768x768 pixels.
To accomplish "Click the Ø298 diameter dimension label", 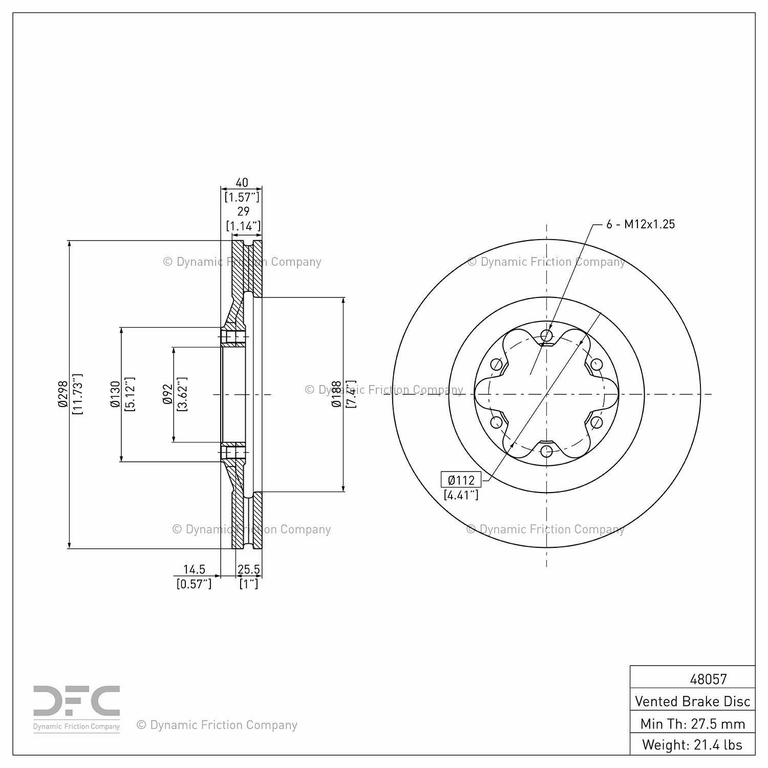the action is click(63, 394).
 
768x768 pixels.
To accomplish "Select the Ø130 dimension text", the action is click(115, 394).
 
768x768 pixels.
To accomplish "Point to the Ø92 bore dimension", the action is click(167, 394).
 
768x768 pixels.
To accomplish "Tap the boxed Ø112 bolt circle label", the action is click(461, 480).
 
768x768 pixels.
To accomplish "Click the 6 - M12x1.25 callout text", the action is click(641, 224).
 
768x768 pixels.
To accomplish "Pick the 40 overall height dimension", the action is click(242, 182).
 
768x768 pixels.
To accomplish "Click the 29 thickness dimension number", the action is click(243, 211).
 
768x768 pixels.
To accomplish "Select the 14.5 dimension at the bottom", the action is click(194, 569).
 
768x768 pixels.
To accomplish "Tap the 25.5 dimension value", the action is click(249, 569).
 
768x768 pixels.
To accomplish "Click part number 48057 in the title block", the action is click(708, 679).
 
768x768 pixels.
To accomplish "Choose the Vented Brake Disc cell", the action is click(692, 701).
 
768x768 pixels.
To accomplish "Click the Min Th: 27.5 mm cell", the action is click(692, 723).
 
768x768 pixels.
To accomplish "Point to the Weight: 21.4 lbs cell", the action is click(692, 744).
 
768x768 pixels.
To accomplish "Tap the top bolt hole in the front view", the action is click(547, 336).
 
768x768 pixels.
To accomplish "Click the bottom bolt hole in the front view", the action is click(547, 452).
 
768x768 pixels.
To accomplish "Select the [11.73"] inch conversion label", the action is click(78, 394).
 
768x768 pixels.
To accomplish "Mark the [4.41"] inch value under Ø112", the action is click(461, 495).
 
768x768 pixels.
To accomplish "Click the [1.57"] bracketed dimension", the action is click(242, 197).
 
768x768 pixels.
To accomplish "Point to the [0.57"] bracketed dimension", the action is click(194, 584).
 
